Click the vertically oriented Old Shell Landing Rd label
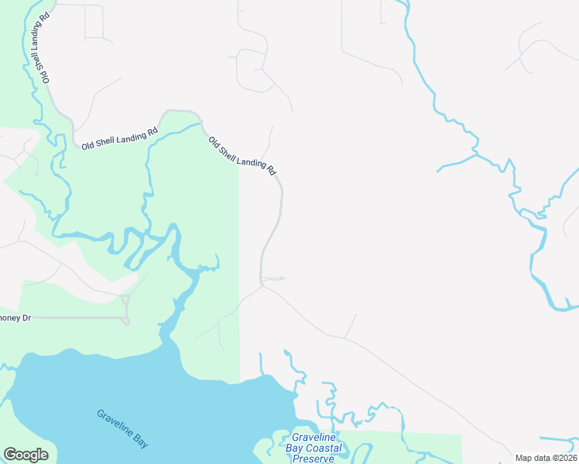(x=39, y=46)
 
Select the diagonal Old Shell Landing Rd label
(x=242, y=155)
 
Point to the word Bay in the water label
(x=140, y=442)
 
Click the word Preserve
(x=313, y=459)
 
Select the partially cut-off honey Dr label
(x=15, y=318)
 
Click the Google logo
(x=26, y=455)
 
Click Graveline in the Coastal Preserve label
(x=313, y=438)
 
